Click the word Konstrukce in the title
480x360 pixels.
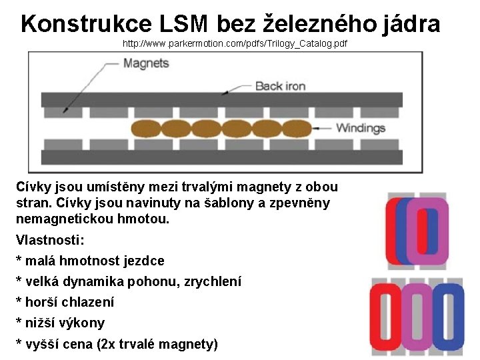[x=87, y=24]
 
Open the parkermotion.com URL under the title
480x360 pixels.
[x=235, y=44]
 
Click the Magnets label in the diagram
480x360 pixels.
[x=146, y=63]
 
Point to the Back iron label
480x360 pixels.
[x=280, y=86]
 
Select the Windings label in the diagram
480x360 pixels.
[x=361, y=128]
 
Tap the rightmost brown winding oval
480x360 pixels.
[x=293, y=128]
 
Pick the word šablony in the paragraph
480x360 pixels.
[x=233, y=202]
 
